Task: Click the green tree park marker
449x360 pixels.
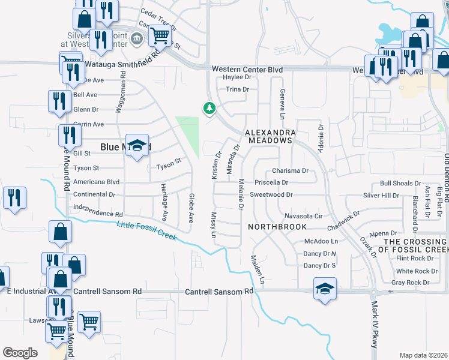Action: coord(209,109)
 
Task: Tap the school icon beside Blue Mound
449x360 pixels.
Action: coord(137,146)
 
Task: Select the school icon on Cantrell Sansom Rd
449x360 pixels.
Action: coord(325,289)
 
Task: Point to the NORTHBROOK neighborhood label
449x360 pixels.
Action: coord(277,227)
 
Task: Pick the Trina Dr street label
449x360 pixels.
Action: coord(237,89)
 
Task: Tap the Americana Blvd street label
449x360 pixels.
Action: coord(96,182)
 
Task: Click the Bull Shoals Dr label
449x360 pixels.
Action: coord(401,184)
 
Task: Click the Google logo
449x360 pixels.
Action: coord(20,353)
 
